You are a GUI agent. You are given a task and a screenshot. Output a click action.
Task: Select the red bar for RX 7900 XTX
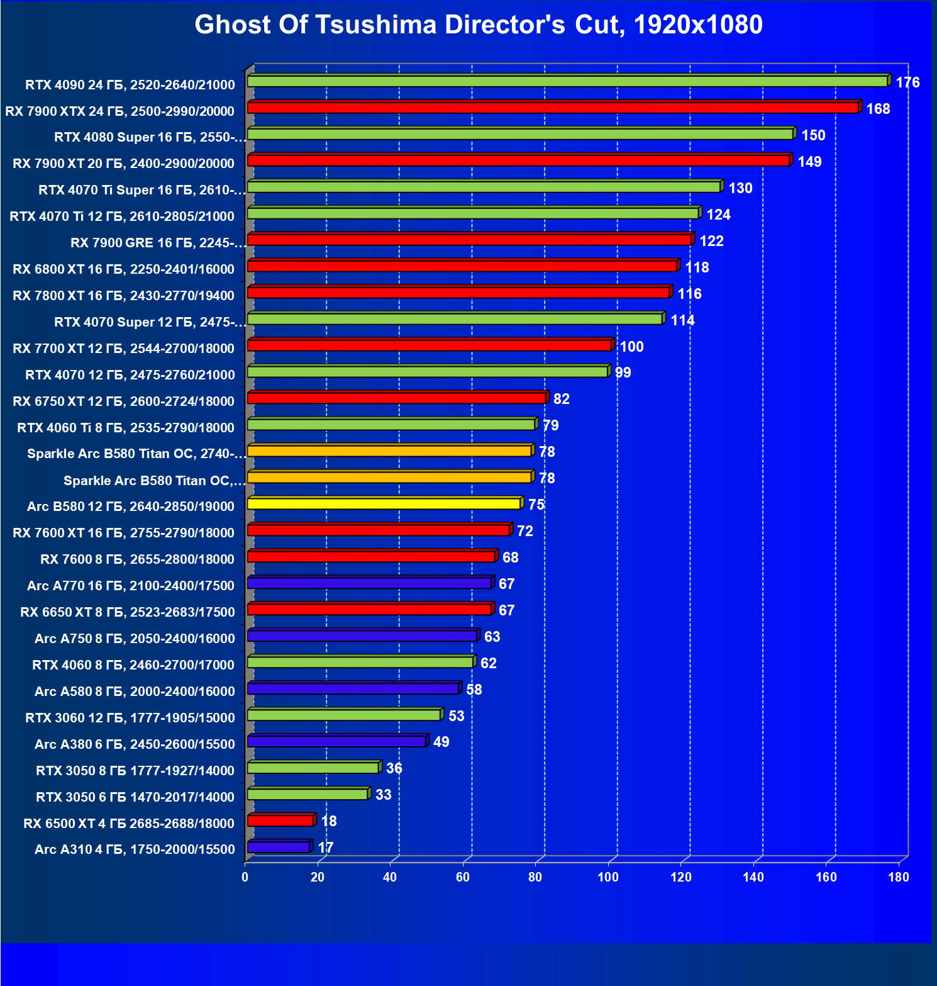coord(553,108)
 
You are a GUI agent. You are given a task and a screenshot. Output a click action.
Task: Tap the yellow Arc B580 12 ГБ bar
coord(384,503)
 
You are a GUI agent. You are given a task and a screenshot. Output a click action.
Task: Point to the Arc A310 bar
coord(278,847)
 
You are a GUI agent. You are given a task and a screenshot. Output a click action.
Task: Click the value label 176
coord(907,82)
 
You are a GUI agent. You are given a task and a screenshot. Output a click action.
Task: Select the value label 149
coord(809,162)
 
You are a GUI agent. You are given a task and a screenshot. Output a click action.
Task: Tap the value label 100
coord(631,347)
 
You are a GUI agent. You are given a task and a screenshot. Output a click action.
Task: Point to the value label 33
coord(383,795)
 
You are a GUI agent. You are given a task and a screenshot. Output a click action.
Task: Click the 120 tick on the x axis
coord(680,877)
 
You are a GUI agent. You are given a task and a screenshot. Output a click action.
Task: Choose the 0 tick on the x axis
coord(245,877)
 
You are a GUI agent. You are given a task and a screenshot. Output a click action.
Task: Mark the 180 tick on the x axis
coord(899,877)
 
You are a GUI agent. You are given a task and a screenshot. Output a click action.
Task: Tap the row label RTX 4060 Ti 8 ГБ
coord(126,428)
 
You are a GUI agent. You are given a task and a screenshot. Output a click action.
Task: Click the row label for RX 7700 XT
coord(123,349)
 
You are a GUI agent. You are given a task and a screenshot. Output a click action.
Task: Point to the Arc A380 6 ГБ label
coord(135,744)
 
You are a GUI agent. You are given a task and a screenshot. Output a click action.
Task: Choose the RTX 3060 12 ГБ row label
coord(130,718)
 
